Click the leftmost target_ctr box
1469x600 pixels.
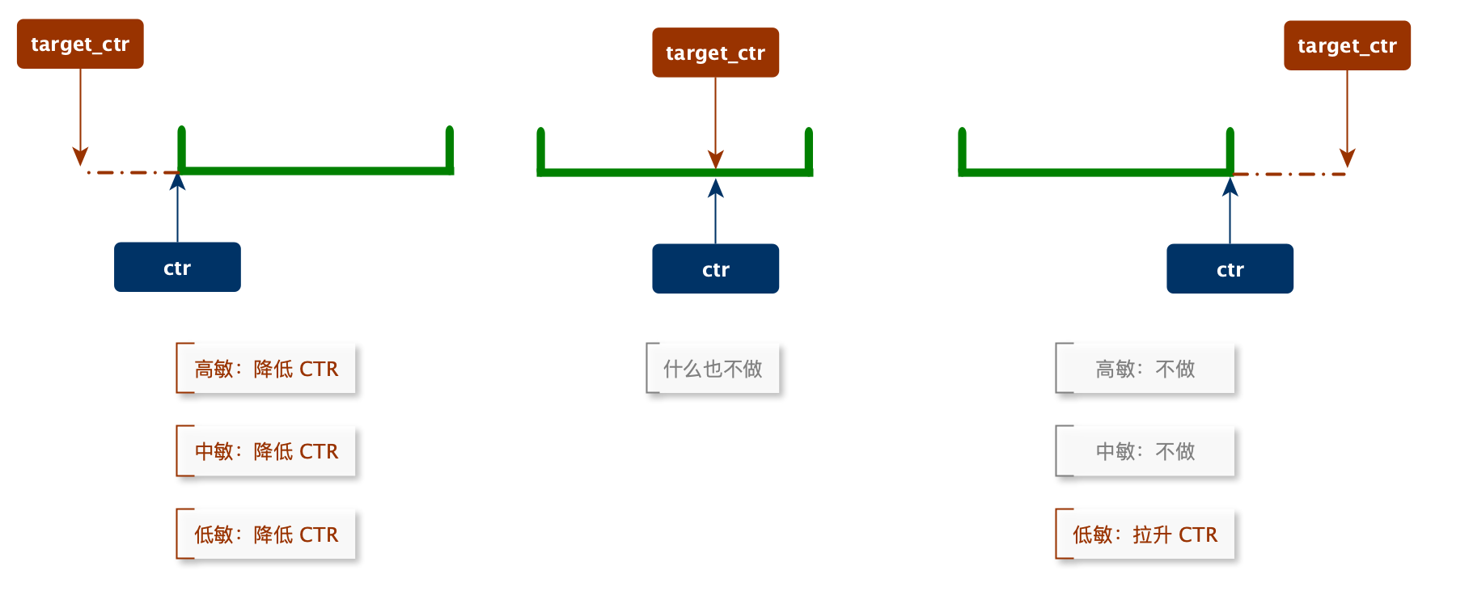coord(80,44)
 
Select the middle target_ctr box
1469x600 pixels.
coord(715,53)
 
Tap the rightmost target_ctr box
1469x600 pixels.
coord(1347,46)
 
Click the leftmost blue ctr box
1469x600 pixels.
coord(177,267)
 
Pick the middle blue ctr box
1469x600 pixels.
coord(715,268)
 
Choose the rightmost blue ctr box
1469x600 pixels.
coord(1230,268)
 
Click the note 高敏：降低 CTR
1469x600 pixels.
coord(266,369)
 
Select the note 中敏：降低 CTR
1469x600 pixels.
coord(266,451)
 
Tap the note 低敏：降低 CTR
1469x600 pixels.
coord(266,535)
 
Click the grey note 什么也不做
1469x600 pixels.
coord(713,369)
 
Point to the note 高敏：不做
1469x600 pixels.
coord(1145,369)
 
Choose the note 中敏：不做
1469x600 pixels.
coord(1145,451)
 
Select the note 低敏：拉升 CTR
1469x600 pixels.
coord(1145,535)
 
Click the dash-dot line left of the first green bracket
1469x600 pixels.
coord(129,172)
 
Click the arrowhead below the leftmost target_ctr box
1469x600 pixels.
coord(80,156)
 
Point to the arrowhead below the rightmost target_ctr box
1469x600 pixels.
coord(1347,158)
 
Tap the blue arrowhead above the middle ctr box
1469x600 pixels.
coord(715,188)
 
